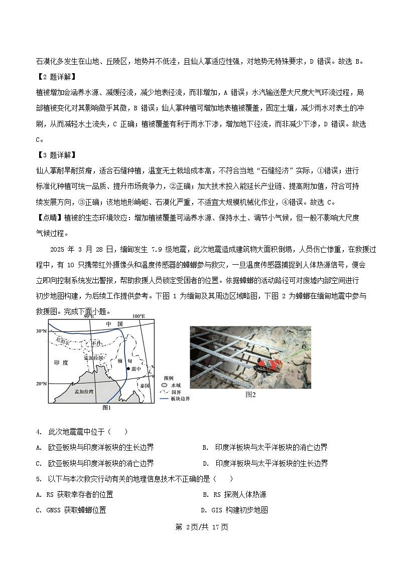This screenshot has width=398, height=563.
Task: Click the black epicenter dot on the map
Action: [x=128, y=368]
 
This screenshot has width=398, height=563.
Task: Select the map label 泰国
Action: [x=145, y=386]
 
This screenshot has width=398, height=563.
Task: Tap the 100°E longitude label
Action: [x=139, y=317]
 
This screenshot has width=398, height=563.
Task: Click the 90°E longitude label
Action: [x=89, y=317]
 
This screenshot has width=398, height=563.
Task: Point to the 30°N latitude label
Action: [x=41, y=331]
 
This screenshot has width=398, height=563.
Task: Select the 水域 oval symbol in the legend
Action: [x=164, y=385]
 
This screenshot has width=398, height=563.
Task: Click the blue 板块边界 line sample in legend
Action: [x=164, y=399]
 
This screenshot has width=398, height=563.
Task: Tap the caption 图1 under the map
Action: [x=106, y=408]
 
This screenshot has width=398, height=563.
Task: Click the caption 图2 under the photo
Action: [x=250, y=395]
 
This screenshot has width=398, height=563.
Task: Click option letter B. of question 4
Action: [x=205, y=448]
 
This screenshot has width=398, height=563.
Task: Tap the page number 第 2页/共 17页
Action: [x=199, y=527]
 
